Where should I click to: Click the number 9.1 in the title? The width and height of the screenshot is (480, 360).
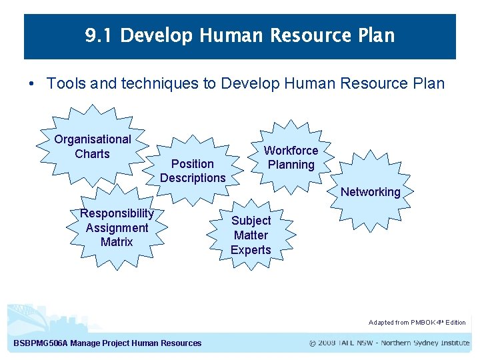[99, 35]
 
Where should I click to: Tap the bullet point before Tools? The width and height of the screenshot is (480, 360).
[31, 84]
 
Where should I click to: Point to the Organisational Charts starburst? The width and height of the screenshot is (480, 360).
[93, 147]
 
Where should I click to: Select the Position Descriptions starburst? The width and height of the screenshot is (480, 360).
[193, 171]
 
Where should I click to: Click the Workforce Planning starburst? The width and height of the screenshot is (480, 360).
[291, 157]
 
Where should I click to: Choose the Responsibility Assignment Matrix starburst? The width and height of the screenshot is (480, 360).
[117, 228]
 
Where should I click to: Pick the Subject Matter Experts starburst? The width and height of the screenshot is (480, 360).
[251, 235]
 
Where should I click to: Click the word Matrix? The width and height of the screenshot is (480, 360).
[117, 242]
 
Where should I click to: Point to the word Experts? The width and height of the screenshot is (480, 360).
[251, 250]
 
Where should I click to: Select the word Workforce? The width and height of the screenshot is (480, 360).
[291, 151]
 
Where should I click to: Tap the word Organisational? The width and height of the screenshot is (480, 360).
[93, 139]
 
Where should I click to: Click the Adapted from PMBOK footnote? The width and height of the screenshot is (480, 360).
[417, 323]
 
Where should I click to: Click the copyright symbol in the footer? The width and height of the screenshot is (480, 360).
[313, 343]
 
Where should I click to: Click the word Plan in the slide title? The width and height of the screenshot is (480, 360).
[375, 35]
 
